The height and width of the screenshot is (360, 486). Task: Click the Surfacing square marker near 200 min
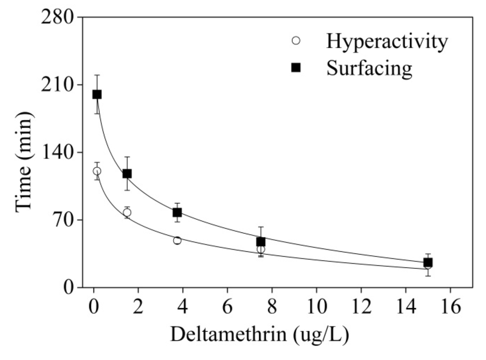[97, 95]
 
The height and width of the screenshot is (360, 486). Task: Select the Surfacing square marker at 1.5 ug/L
[127, 174]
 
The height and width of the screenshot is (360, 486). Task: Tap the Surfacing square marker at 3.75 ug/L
[177, 212]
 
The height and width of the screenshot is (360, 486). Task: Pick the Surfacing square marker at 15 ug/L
[428, 262]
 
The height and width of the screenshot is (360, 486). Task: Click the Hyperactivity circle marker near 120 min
[97, 171]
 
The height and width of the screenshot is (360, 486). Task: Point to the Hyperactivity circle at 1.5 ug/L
[127, 213]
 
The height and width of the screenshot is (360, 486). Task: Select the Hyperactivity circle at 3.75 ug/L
[177, 240]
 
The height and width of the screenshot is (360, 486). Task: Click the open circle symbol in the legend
[296, 41]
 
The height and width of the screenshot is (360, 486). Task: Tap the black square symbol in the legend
[296, 68]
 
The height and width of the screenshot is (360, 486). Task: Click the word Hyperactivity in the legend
[386, 42]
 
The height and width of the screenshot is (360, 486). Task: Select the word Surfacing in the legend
[369, 68]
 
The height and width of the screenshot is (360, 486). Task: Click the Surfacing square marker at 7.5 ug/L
[261, 242]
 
